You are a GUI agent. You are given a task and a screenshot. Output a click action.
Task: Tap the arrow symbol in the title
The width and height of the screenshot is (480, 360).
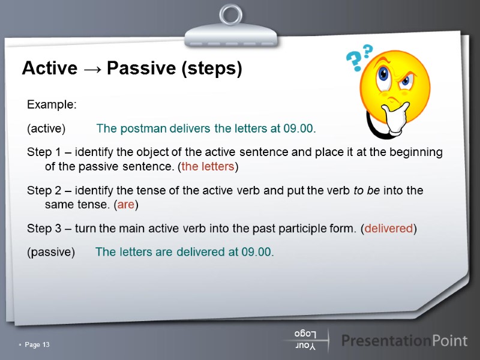click(x=92, y=70)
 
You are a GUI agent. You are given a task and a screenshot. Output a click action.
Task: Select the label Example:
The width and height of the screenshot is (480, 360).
click(x=52, y=105)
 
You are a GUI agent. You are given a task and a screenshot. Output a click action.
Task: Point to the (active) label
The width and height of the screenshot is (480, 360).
click(x=46, y=128)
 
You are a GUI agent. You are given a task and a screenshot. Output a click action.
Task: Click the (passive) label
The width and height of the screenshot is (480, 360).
click(x=51, y=251)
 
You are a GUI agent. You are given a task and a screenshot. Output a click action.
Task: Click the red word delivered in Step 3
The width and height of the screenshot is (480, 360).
click(x=389, y=228)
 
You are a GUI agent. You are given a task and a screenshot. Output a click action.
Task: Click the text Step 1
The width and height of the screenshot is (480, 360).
click(x=46, y=152)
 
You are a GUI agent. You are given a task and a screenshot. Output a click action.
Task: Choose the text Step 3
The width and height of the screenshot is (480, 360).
click(x=46, y=228)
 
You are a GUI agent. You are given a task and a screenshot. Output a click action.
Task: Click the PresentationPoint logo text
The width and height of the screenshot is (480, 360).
click(x=404, y=341)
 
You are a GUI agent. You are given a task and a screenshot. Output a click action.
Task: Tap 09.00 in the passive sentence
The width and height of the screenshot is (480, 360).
click(x=256, y=251)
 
